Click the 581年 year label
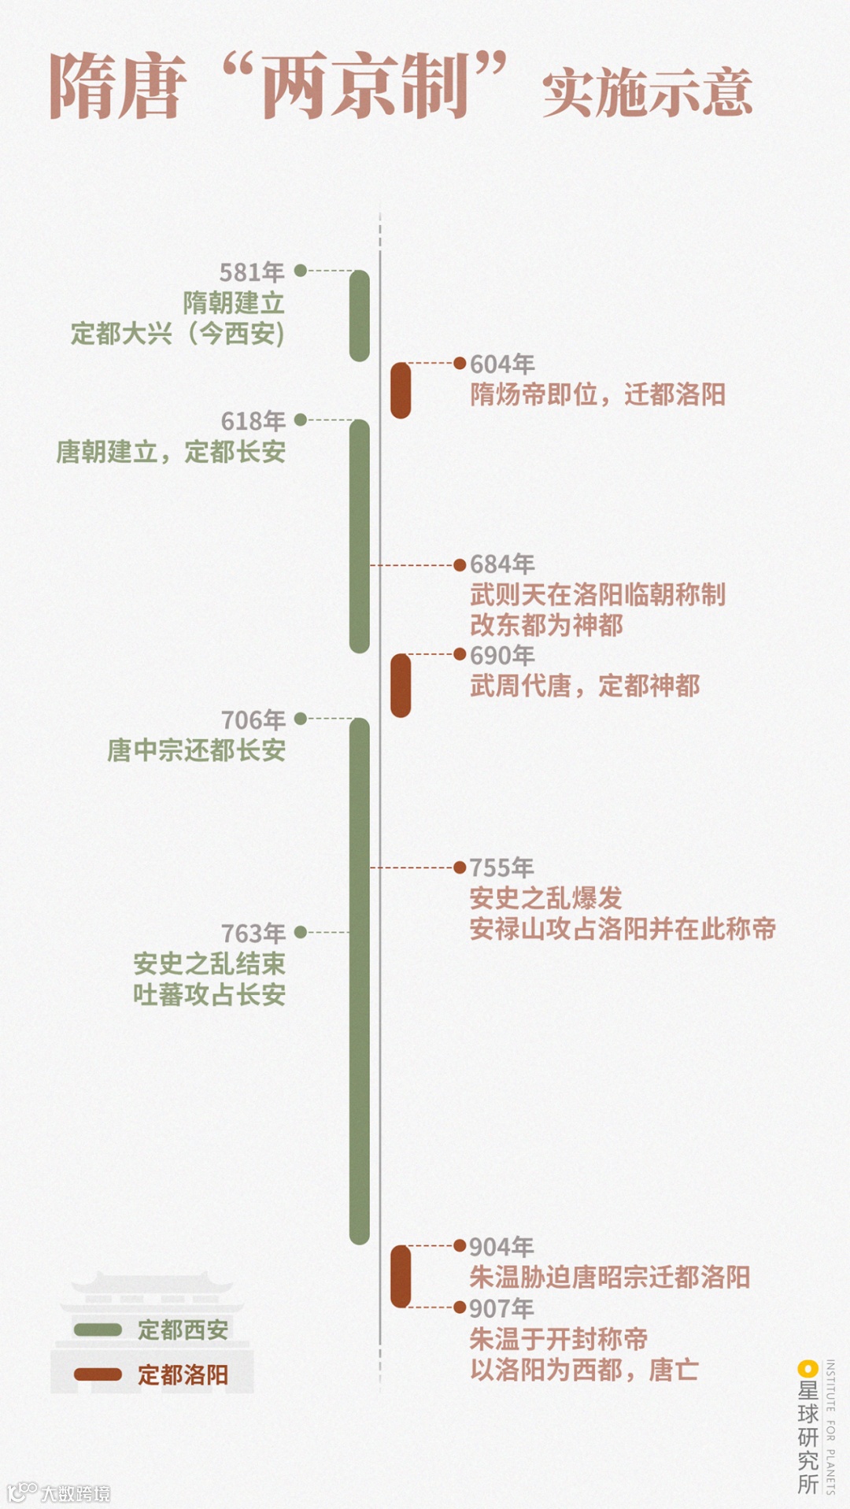252,272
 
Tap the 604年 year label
502,364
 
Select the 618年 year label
253,422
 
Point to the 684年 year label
502,564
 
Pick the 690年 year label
502,656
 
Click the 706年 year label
253,720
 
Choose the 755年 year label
501,867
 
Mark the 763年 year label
253,934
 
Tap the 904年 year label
501,1247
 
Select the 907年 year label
501,1308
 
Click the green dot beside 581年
300,271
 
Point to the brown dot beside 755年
460,867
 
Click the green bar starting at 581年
360,316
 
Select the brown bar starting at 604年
401,390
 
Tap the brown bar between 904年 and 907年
401,1276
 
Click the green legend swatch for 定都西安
98,1330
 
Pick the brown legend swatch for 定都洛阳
98,1374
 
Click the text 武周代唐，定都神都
585,686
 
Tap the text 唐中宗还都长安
196,751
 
